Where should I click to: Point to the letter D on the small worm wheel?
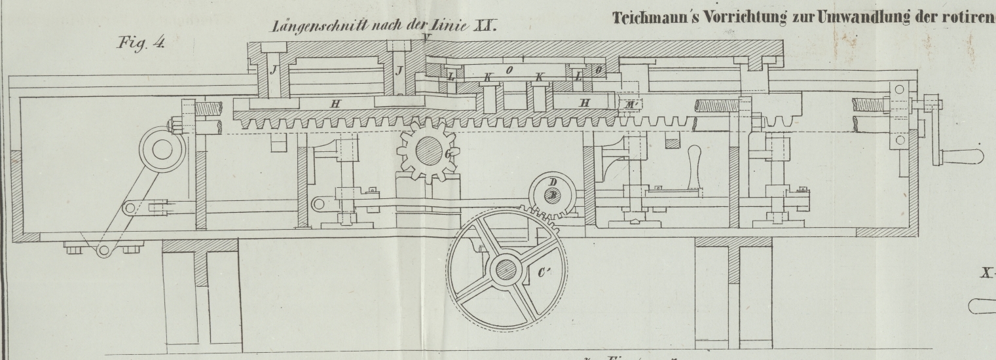click(x=553, y=181)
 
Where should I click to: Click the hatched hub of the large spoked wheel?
click(x=505, y=269)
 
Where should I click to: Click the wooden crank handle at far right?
click(x=963, y=156)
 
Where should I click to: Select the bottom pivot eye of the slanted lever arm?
click(x=103, y=249)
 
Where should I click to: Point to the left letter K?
click(x=487, y=78)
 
